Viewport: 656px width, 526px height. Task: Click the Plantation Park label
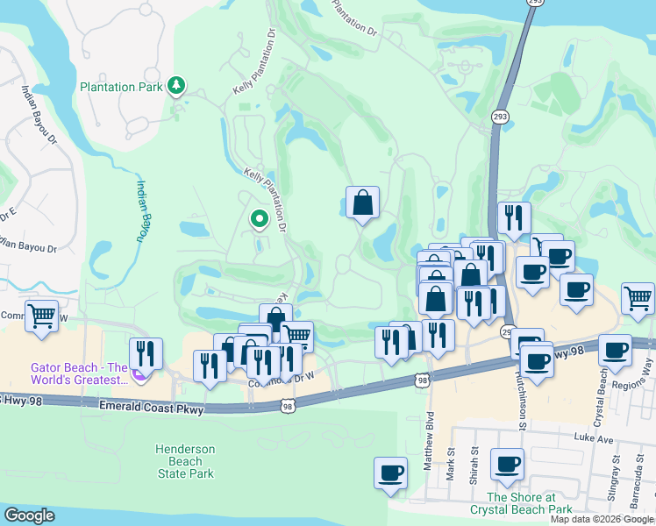click(x=122, y=87)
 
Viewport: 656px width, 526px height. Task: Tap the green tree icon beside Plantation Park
click(x=177, y=85)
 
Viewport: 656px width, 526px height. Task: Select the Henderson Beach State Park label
click(x=185, y=461)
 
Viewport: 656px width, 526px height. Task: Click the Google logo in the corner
click(x=29, y=515)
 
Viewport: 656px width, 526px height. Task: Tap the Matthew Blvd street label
click(x=430, y=439)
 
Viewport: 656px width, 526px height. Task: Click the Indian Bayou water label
click(x=143, y=210)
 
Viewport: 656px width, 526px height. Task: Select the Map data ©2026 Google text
click(x=602, y=519)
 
